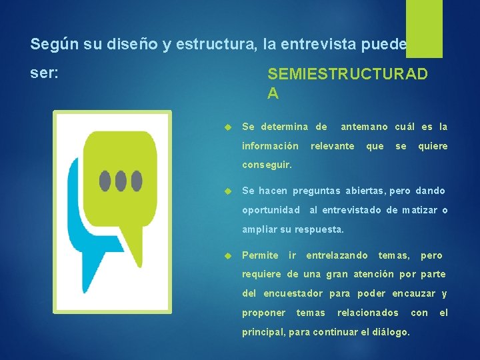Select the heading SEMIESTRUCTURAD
[x=347, y=74]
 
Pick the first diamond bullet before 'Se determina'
[x=227, y=127]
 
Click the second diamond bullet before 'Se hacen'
[x=227, y=191]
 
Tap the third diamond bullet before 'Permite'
[x=227, y=255]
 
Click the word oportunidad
[x=271, y=210]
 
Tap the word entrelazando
[x=337, y=255]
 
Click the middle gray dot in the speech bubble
[x=121, y=179]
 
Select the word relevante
[x=333, y=145]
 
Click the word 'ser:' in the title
[x=45, y=73]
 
